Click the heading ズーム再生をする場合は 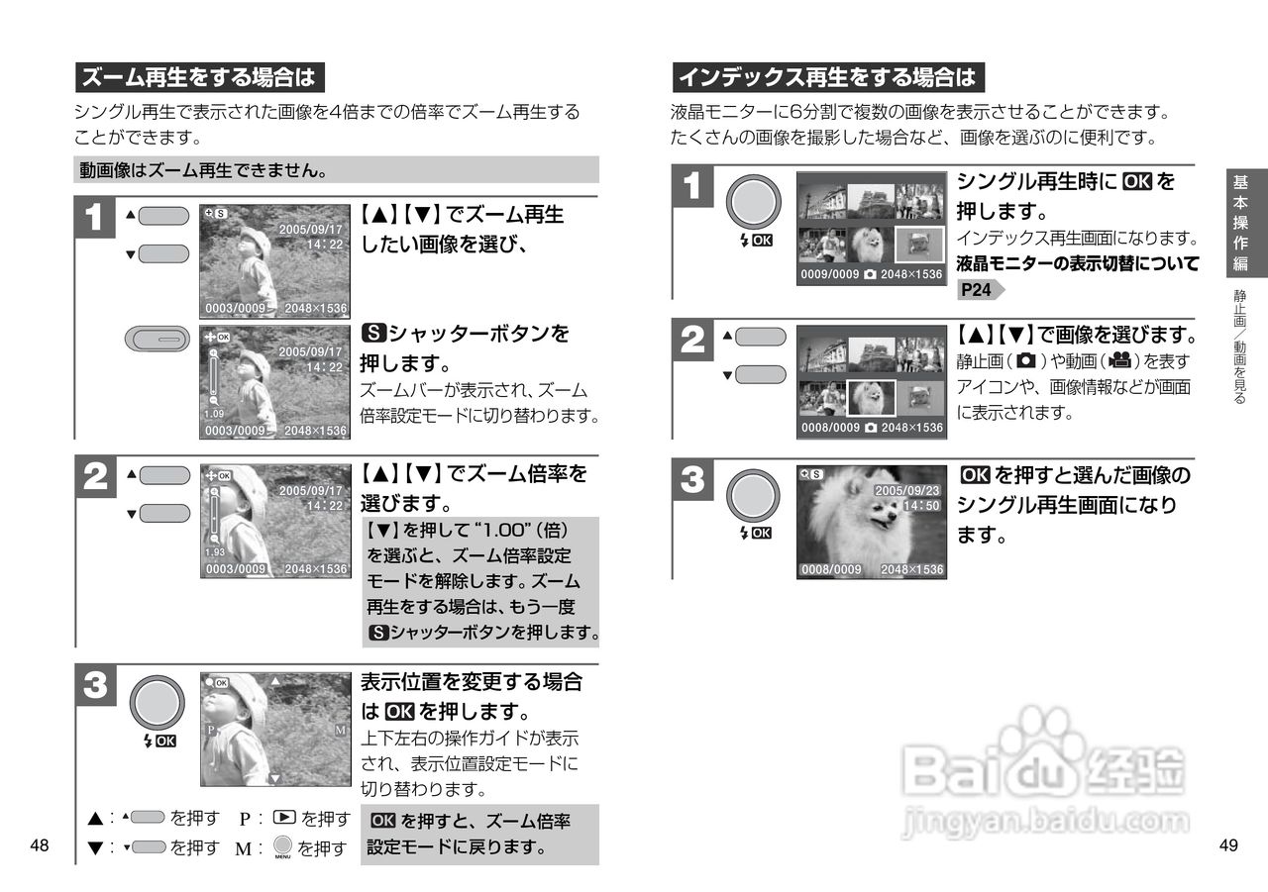click(199, 77)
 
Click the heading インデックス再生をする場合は click(827, 77)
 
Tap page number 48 click(40, 845)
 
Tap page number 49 click(1228, 845)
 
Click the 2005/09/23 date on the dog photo click(906, 490)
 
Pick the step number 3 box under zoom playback click(96, 684)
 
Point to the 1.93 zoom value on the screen click(215, 552)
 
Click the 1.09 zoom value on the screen click(214, 414)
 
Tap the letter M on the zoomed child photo click(340, 730)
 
